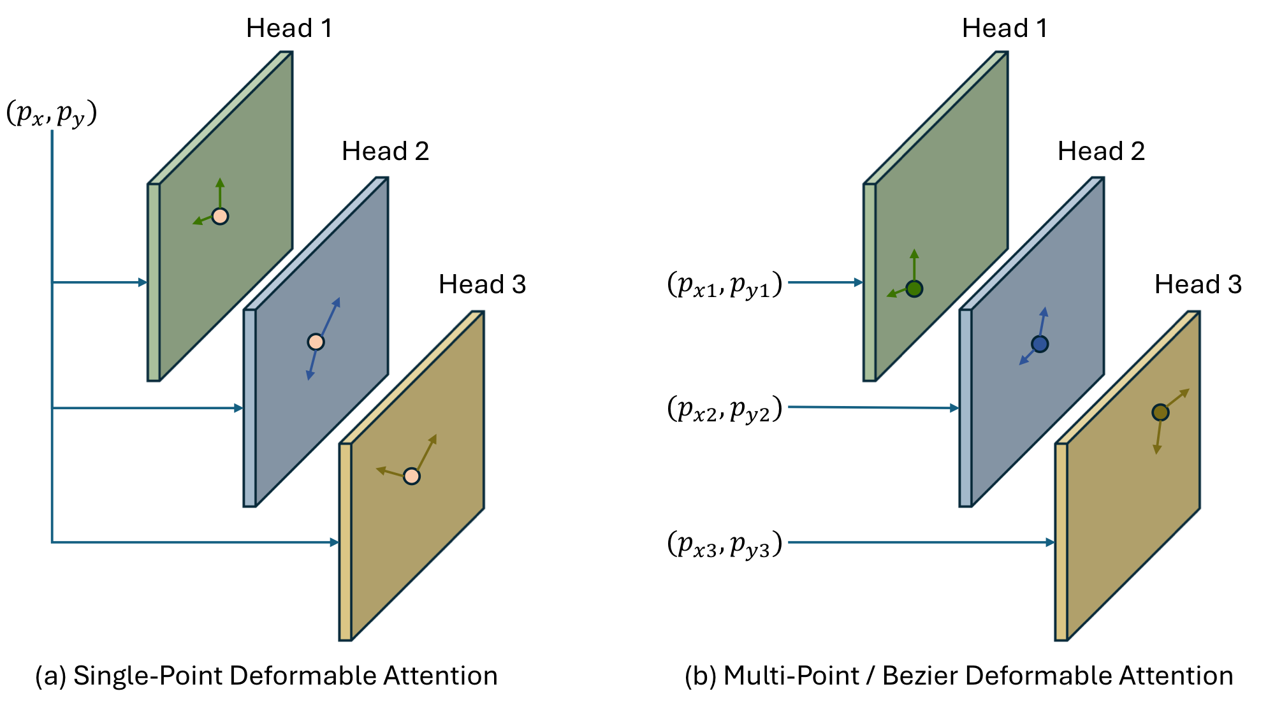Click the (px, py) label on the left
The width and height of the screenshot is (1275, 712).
point(52,113)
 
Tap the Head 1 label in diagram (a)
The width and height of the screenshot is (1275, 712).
point(289,29)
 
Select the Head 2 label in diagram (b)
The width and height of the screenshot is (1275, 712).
point(1101,152)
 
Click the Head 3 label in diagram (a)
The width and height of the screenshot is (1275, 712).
point(482,284)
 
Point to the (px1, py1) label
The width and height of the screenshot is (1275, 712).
point(725,284)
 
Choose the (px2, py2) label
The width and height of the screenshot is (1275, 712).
point(725,409)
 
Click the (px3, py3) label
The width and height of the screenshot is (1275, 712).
point(725,544)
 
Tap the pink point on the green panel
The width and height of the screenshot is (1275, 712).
point(220,216)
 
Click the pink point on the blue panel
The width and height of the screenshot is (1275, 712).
point(316,342)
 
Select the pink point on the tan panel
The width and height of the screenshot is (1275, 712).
point(412,476)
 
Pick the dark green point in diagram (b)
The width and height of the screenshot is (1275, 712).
point(914,289)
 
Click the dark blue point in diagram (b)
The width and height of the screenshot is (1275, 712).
point(1040,344)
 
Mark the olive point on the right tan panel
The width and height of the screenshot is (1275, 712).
point(1160,412)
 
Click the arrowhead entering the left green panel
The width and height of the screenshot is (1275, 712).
point(143,282)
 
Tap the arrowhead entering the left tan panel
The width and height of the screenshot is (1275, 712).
point(334,542)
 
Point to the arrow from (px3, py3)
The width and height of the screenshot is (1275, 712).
point(918,542)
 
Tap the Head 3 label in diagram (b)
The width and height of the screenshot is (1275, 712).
point(1198,284)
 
